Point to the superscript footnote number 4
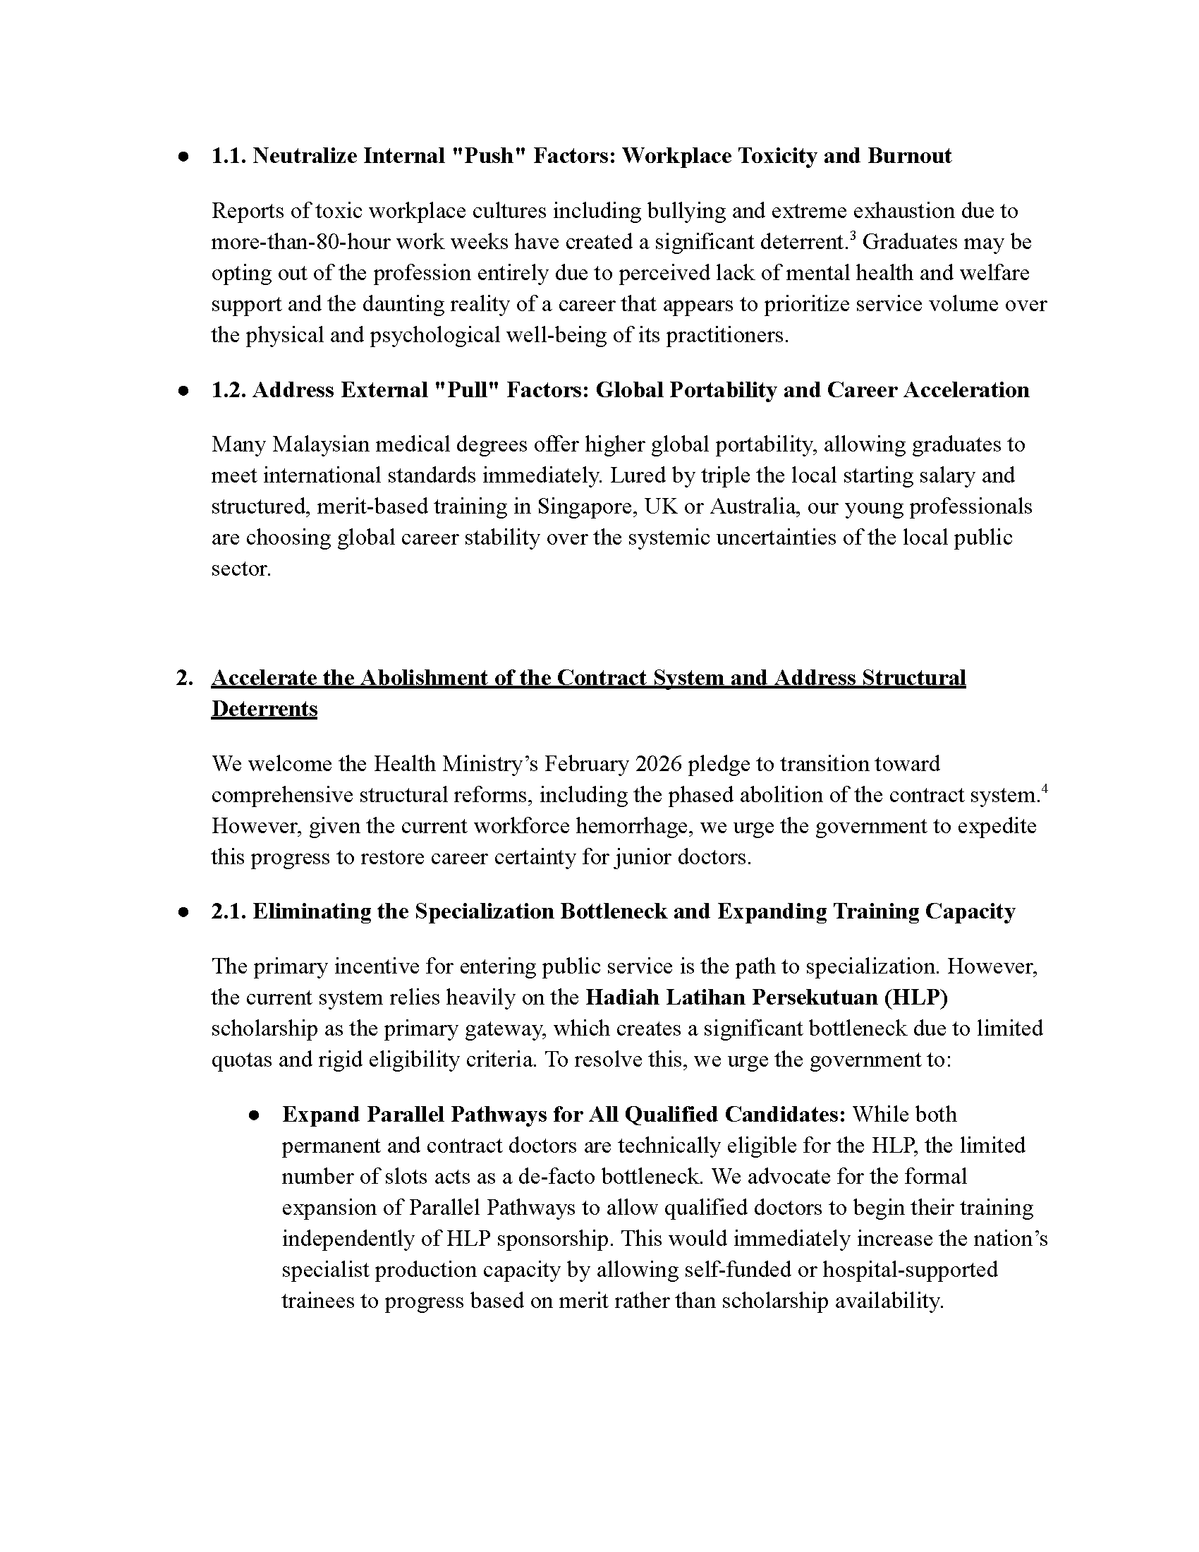(1045, 789)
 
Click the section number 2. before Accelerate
(185, 678)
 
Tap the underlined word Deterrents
(264, 709)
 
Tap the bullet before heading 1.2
(183, 391)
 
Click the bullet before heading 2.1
(183, 911)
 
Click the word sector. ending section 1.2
(241, 569)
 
